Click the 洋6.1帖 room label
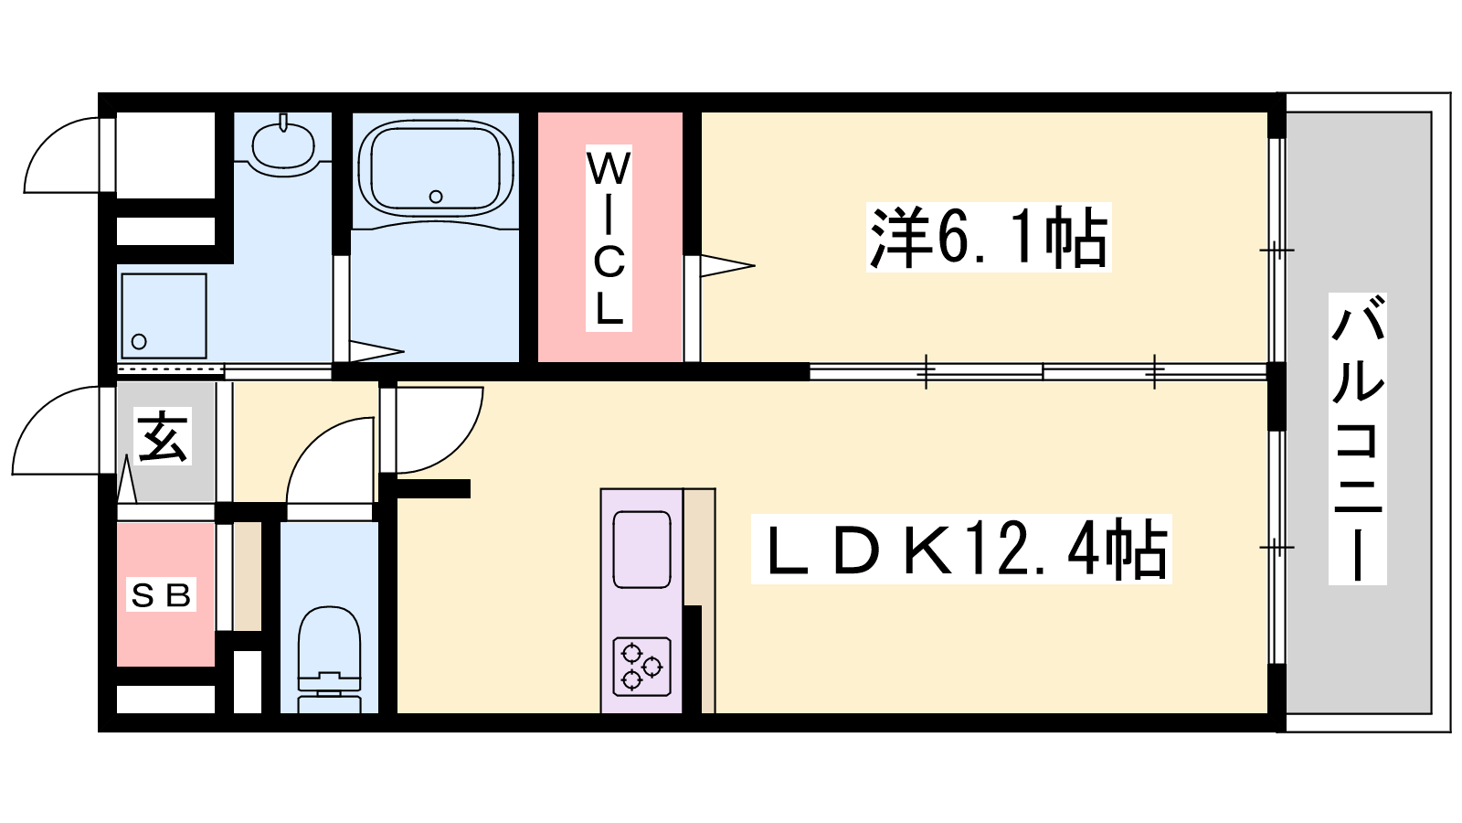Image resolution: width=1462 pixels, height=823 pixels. pos(988,237)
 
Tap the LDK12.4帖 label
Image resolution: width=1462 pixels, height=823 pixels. pos(961,549)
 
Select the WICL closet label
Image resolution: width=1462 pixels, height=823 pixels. pos(609,238)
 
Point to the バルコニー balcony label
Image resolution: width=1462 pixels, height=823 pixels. pos(1358,438)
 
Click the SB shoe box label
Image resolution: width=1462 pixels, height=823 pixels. pos(161,595)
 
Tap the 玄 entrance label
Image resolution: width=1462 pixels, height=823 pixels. pos(163,435)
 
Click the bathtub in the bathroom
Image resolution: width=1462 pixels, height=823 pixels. pos(435,168)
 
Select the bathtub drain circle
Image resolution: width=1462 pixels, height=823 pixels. pos(436,196)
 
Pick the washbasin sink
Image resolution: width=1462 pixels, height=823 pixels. pos(283,146)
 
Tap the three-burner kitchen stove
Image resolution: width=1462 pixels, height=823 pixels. pos(642,667)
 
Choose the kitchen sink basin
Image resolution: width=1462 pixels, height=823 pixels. pos(642,550)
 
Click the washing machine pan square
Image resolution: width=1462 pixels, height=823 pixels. pos(164,315)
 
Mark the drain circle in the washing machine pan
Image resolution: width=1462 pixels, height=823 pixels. pos(138,341)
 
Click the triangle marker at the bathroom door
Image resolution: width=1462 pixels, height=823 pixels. pos(376,351)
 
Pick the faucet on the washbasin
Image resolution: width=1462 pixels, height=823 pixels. pos(283,123)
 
